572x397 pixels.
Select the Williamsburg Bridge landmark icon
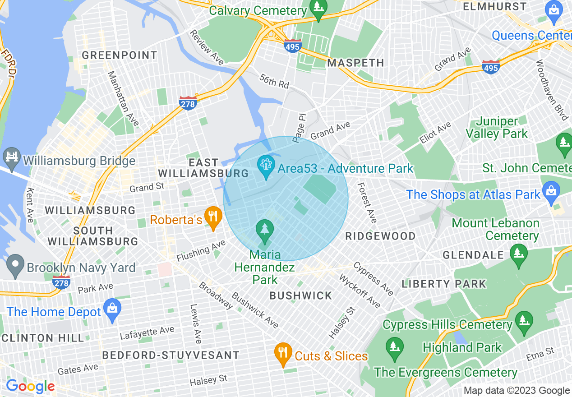tap(11, 157)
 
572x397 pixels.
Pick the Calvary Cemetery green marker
tap(318, 9)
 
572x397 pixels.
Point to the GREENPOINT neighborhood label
tap(120, 55)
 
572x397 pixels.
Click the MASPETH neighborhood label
tap(355, 63)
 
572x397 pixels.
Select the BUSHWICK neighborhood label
tap(300, 295)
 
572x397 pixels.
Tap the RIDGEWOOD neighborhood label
tap(380, 236)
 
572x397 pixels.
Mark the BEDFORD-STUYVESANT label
tap(171, 355)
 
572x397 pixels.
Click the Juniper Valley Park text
tap(496, 128)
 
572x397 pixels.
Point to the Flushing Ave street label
tap(201, 251)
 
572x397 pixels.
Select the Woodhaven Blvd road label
tap(551, 90)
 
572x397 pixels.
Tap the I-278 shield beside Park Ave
tap(61, 282)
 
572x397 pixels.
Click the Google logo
tap(30, 386)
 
